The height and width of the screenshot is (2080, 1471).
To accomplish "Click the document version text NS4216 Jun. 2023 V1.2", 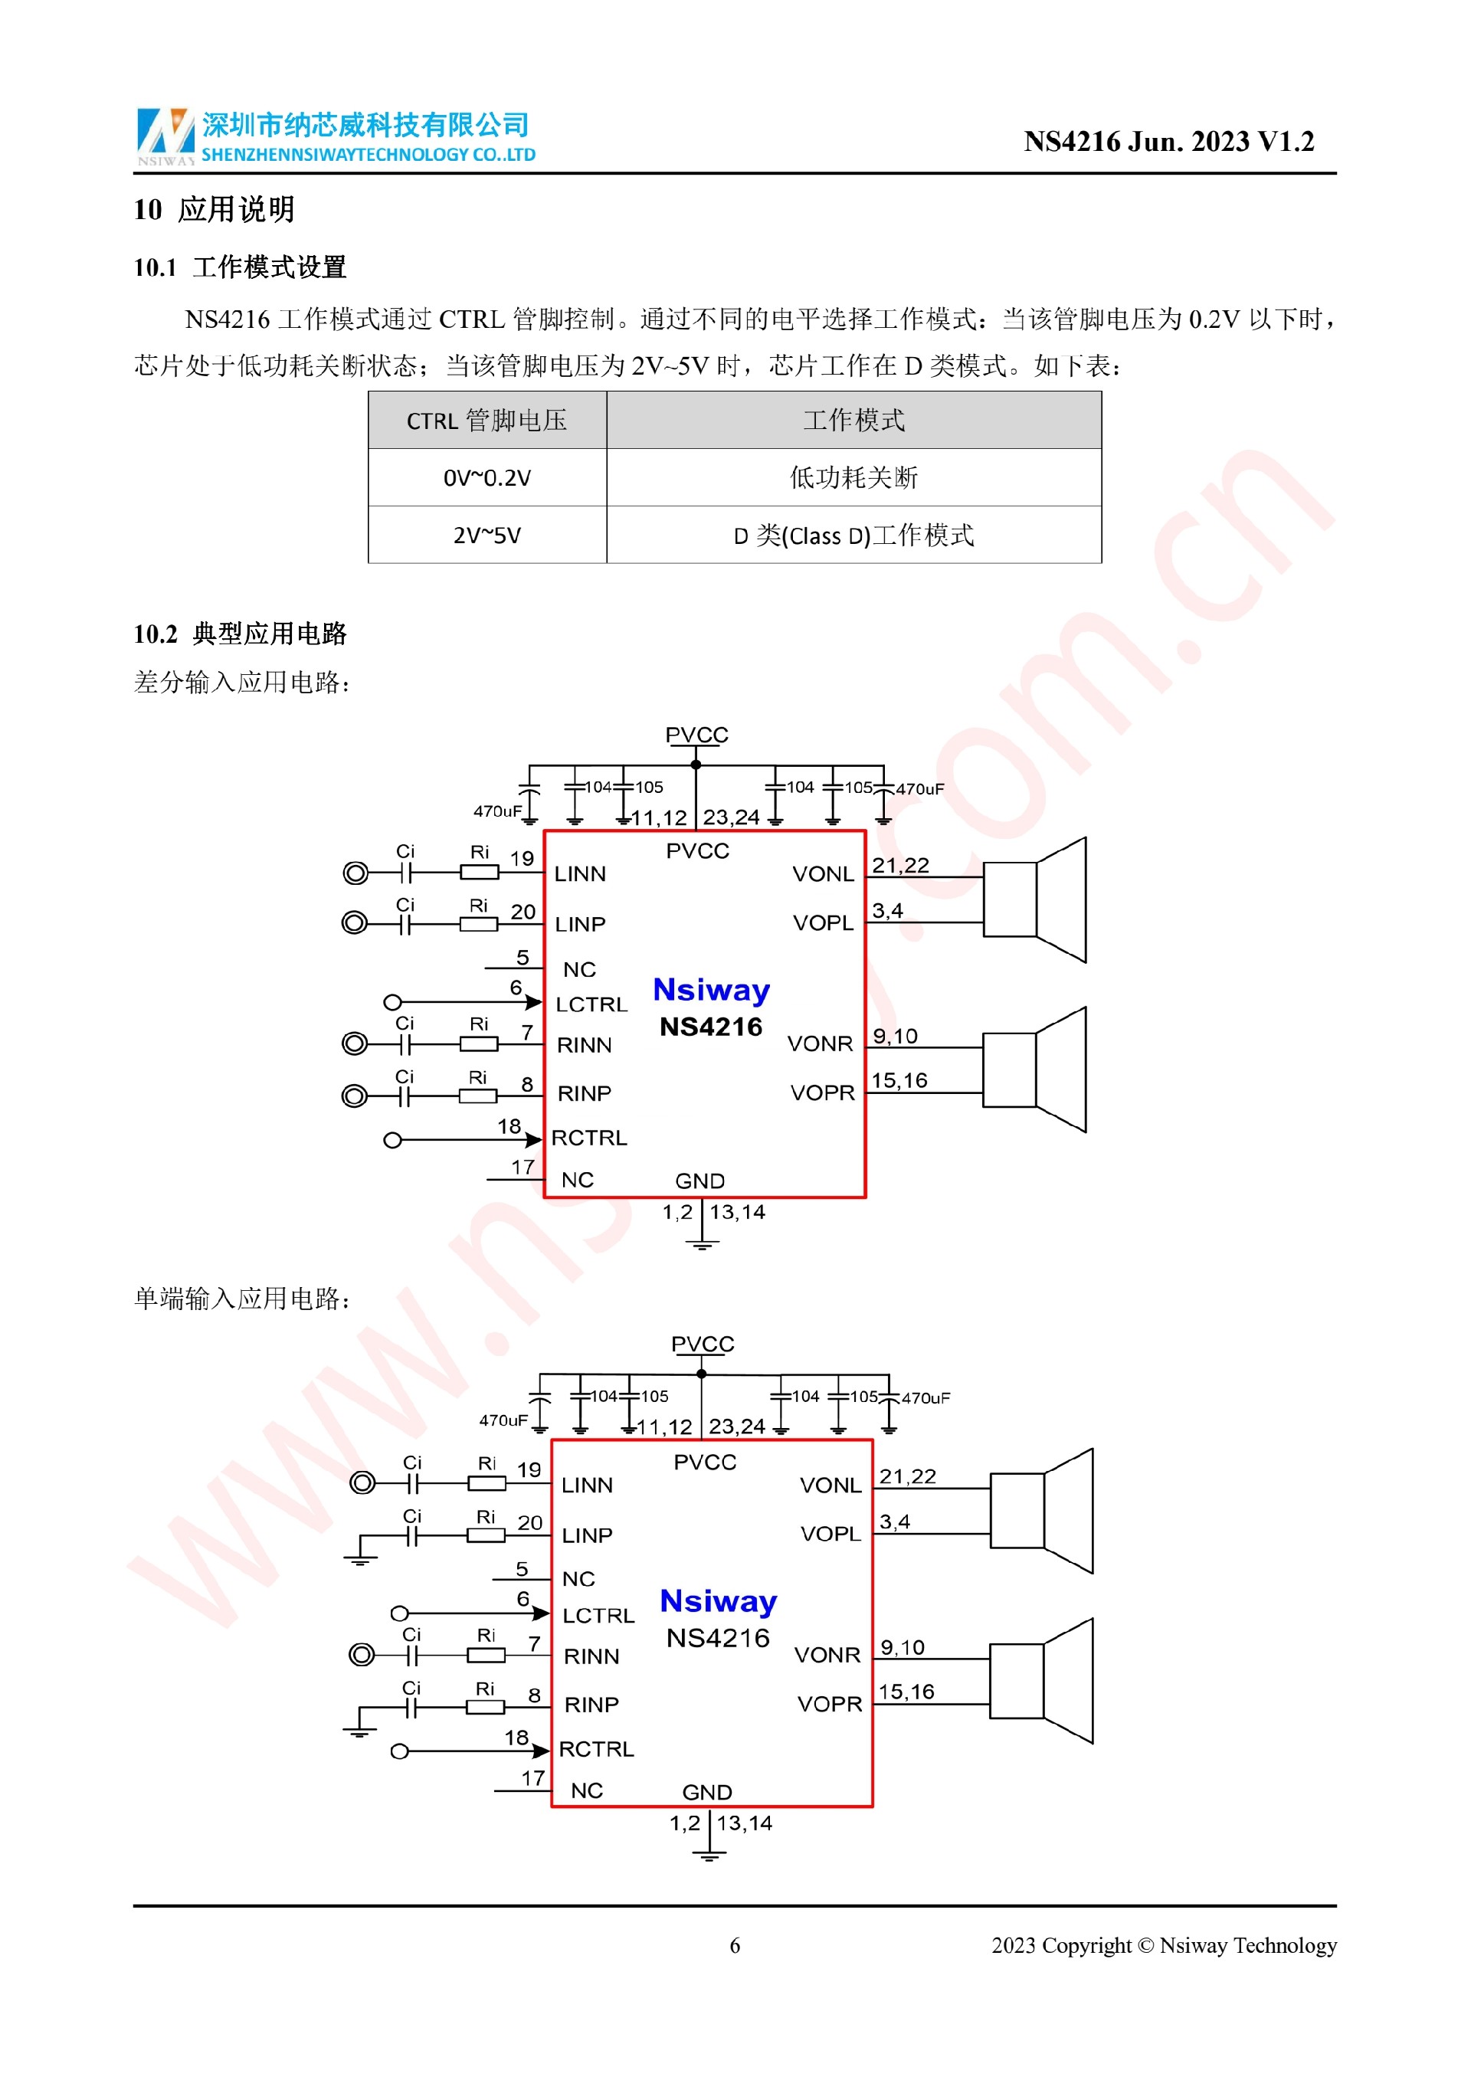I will [x=1168, y=141].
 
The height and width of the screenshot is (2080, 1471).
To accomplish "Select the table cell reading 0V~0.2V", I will [x=487, y=477].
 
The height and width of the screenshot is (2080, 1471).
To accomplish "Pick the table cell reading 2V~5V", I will [x=487, y=536].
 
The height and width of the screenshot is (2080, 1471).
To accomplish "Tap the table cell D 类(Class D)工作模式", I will [x=853, y=536].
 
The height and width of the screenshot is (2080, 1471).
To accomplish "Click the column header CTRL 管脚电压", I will [x=487, y=421].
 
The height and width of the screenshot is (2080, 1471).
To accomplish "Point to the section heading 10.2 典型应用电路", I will [x=240, y=634].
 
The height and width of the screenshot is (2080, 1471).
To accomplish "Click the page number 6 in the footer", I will [x=735, y=1945].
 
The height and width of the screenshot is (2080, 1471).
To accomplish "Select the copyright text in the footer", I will [x=1163, y=1945].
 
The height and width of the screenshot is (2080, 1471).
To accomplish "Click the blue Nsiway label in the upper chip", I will [x=711, y=989].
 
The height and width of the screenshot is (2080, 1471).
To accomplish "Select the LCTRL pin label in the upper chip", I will [x=591, y=1004].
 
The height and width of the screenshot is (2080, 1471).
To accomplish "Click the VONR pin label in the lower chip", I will [x=827, y=1655].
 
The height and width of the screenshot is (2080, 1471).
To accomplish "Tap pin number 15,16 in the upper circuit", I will [x=899, y=1081].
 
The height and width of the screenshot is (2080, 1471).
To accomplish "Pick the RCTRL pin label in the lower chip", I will [x=596, y=1749].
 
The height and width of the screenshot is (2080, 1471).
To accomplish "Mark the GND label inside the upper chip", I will [x=699, y=1181].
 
